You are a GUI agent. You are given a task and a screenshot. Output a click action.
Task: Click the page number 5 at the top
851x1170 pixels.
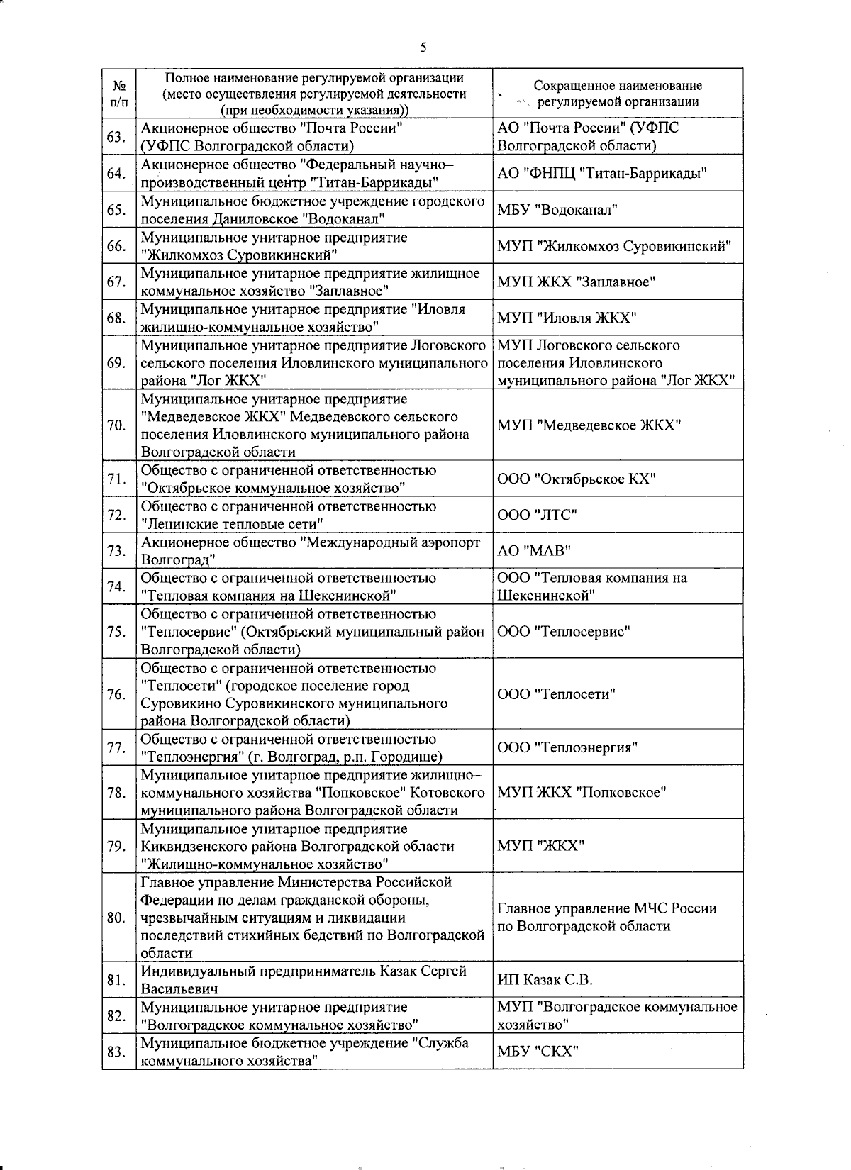point(423,48)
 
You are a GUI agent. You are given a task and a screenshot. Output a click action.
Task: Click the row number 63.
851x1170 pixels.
point(116,137)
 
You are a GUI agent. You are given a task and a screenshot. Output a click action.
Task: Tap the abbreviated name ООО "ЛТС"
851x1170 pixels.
point(537,515)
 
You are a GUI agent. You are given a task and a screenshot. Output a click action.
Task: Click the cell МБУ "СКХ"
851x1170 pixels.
point(538,1051)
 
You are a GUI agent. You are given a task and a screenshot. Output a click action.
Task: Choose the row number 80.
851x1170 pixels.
point(116,918)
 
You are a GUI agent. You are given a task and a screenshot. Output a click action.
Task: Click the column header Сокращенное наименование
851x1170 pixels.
point(617,93)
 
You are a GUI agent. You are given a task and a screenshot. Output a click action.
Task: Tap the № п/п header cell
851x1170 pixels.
point(119,93)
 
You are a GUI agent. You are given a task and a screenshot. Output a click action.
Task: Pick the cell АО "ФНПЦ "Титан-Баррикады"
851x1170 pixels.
point(602,174)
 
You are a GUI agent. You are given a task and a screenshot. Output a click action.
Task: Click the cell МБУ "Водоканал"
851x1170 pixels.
point(557,210)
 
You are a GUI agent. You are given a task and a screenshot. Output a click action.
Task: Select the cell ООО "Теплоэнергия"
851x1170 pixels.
point(567,747)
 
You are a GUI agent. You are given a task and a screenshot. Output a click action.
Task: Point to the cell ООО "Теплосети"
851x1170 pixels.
point(556,694)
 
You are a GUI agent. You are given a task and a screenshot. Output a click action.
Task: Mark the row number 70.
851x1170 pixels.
point(116,425)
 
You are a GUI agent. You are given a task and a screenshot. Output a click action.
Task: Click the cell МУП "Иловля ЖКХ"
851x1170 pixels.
point(567,318)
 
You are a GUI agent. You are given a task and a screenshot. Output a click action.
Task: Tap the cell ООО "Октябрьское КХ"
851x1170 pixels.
point(576,479)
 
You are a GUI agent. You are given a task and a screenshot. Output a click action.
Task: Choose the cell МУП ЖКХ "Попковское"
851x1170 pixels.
point(582,792)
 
